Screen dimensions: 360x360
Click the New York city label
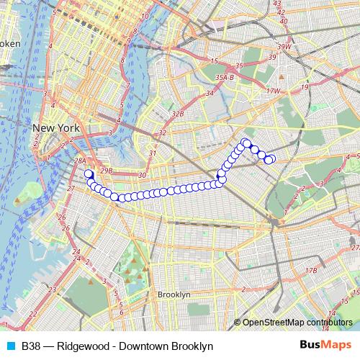pyautogui.click(x=55, y=127)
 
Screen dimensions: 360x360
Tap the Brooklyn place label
pyautogui.click(x=174, y=295)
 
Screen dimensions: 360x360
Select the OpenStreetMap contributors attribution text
pyautogui.click(x=297, y=323)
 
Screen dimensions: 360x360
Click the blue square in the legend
pyautogui.click(x=9, y=346)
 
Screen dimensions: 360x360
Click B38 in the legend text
pyautogui.click(x=30, y=346)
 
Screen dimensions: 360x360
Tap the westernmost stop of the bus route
pyautogui.click(x=89, y=174)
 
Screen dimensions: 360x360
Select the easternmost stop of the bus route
pyautogui.click(x=271, y=159)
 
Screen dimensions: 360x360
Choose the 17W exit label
pyautogui.click(x=272, y=91)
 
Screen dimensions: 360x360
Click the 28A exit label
pyautogui.click(x=81, y=162)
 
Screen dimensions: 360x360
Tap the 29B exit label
pyautogui.click(x=107, y=171)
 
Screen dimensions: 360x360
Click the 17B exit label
pyautogui.click(x=310, y=270)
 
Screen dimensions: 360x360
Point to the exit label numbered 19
pyautogui.click(x=305, y=86)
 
